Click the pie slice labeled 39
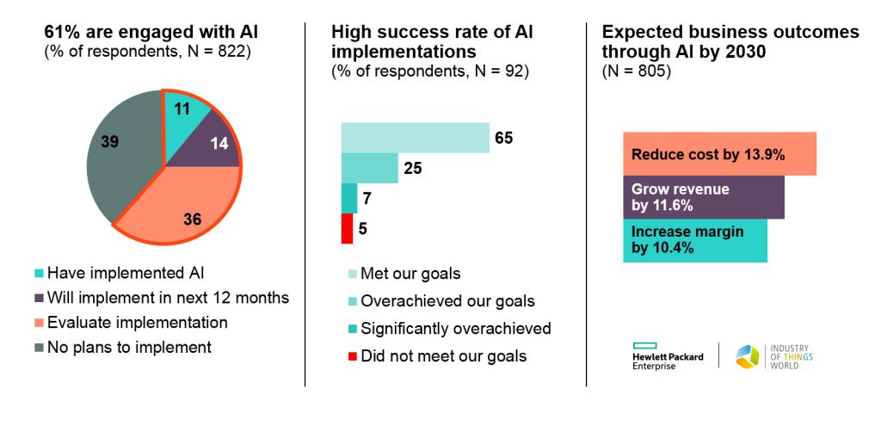tap(120, 151)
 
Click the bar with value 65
tap(416, 138)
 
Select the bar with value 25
tap(370, 168)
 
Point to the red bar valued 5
tap(347, 229)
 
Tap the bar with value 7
tap(349, 199)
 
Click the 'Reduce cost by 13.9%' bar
tap(720, 154)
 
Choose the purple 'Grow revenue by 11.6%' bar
tap(704, 197)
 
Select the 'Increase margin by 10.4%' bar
tap(695, 240)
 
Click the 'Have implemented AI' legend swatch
tap(39, 274)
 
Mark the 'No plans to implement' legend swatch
tap(39, 348)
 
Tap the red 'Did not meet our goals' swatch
tap(352, 356)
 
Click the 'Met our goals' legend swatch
tap(352, 275)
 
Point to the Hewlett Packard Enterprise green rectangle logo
tap(645, 346)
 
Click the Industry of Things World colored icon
tap(748, 357)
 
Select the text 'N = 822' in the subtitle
tap(213, 52)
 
